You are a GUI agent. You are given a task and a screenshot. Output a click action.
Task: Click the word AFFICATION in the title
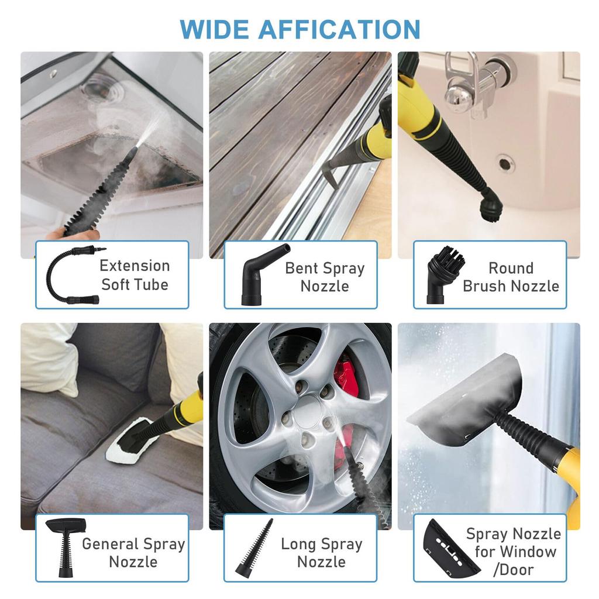pyautogui.click(x=339, y=29)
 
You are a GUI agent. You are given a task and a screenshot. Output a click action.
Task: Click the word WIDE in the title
pyautogui.click(x=214, y=29)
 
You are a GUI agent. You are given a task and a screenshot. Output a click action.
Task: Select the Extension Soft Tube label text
pyautogui.click(x=135, y=275)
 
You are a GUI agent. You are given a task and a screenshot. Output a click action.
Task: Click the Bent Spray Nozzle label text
pyautogui.click(x=325, y=277)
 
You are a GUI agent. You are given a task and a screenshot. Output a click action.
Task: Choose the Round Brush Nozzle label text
pyautogui.click(x=511, y=277)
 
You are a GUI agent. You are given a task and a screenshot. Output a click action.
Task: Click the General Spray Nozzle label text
pyautogui.click(x=133, y=552)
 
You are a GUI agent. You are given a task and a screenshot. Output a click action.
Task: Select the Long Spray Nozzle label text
pyautogui.click(x=321, y=552)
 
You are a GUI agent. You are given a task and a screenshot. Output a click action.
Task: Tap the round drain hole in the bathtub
pyautogui.click(x=504, y=163)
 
